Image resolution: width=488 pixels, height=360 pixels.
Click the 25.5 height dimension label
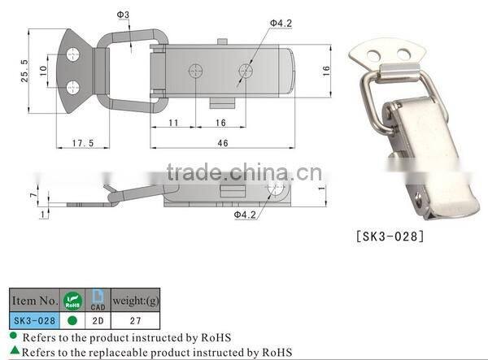pos(26,73)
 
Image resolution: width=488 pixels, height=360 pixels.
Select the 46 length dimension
pos(223,143)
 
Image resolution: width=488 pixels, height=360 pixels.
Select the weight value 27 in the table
pos(137,320)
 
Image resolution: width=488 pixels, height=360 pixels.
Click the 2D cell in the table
pos(98,320)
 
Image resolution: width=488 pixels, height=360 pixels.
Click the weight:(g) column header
pos(137,299)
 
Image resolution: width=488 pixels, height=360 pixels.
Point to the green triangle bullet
pos(15,351)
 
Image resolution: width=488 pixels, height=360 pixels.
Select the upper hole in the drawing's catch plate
pos(74,54)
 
